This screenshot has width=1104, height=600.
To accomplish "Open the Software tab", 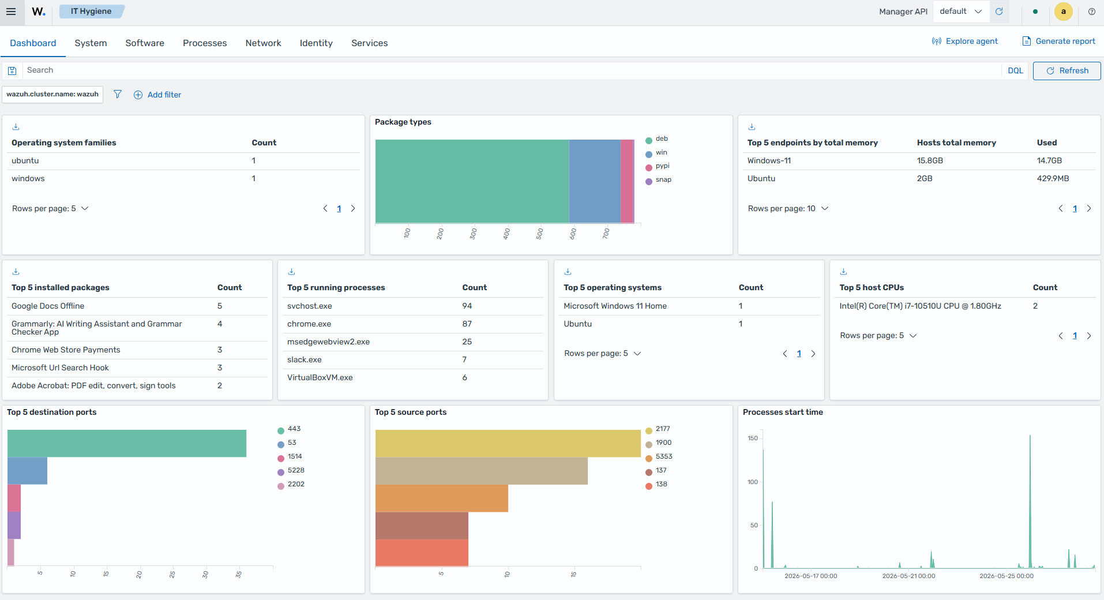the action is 145,43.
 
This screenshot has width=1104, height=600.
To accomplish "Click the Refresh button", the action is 1067,70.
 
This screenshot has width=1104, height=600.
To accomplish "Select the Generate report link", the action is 1058,41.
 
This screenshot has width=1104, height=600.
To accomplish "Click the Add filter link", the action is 157,95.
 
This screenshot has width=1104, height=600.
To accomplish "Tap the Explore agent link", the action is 964,41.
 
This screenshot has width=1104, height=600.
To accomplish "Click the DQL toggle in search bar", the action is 1015,70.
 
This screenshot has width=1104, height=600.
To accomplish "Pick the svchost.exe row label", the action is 310,306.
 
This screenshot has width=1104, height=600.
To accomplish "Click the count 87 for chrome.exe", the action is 467,324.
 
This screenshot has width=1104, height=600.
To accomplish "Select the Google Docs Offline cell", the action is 48,306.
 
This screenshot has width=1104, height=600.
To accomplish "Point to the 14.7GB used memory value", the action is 1049,160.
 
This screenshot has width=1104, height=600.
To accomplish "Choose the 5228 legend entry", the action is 291,471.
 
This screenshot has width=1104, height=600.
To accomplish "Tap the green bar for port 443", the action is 127,443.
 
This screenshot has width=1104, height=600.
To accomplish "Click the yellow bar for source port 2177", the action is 508,443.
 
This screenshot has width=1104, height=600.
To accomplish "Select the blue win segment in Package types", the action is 595,181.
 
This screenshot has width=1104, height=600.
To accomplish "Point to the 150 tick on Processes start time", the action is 753,438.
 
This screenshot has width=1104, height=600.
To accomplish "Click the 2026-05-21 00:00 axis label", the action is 908,576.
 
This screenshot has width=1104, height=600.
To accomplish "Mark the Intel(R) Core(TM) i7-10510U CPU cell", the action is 920,306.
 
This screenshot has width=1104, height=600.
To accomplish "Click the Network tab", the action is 263,43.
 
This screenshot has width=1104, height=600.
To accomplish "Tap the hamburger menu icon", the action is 11,12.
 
